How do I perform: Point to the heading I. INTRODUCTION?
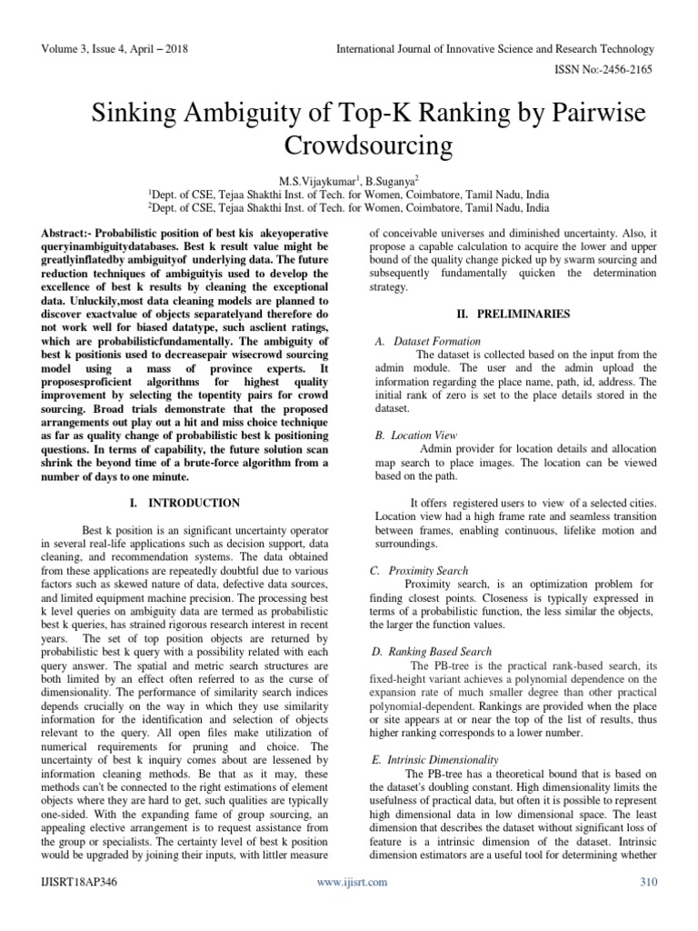coord(184,503)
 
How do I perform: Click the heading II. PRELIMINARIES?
coord(514,314)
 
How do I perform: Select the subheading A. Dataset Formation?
coord(427,341)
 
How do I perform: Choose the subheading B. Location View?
coord(417,435)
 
